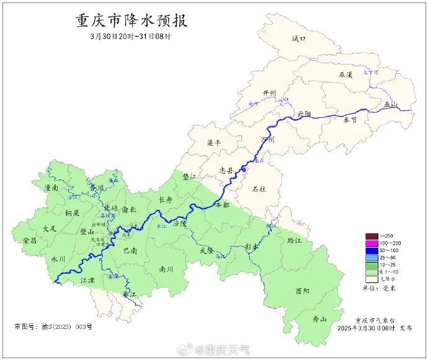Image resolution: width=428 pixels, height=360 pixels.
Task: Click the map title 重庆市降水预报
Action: tap(132, 20)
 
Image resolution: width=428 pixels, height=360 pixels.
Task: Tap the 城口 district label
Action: tap(299, 38)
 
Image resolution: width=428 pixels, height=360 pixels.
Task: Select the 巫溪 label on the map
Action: tap(346, 74)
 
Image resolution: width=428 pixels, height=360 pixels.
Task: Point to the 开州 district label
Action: tap(269, 93)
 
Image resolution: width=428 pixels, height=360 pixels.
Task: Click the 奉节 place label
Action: tap(350, 120)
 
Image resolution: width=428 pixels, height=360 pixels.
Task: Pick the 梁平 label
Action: tap(213, 143)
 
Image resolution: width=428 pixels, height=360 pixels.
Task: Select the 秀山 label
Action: tap(319, 319)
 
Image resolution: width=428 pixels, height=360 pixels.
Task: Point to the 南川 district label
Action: tap(166, 269)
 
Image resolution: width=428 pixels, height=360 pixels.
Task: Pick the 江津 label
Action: tap(88, 281)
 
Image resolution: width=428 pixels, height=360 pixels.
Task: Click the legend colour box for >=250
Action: tap(371, 236)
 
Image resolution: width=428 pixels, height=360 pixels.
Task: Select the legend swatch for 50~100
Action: tap(371, 250)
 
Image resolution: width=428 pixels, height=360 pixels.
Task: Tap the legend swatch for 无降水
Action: tap(371, 278)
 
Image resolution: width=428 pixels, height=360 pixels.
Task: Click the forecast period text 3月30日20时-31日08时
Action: tap(130, 37)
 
